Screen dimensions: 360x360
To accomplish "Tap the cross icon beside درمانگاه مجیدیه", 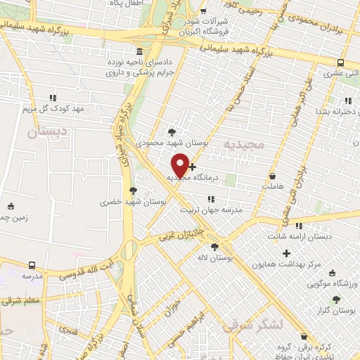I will pyautogui.click(x=193, y=167).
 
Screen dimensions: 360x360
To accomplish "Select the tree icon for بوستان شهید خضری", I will pyautogui.click(x=133, y=190).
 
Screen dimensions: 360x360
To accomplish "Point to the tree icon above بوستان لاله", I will pyautogui.click(x=214, y=246).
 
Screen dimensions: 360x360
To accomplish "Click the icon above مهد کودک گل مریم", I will pyautogui.click(x=52, y=98).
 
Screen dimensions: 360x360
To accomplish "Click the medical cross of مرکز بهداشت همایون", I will pyautogui.click(x=286, y=253).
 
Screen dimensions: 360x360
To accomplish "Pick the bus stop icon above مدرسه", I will pyautogui.click(x=32, y=265).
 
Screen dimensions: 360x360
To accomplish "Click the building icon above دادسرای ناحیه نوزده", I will pyautogui.click(x=139, y=51).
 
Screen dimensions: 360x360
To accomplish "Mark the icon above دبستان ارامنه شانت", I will pyautogui.click(x=300, y=226).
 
